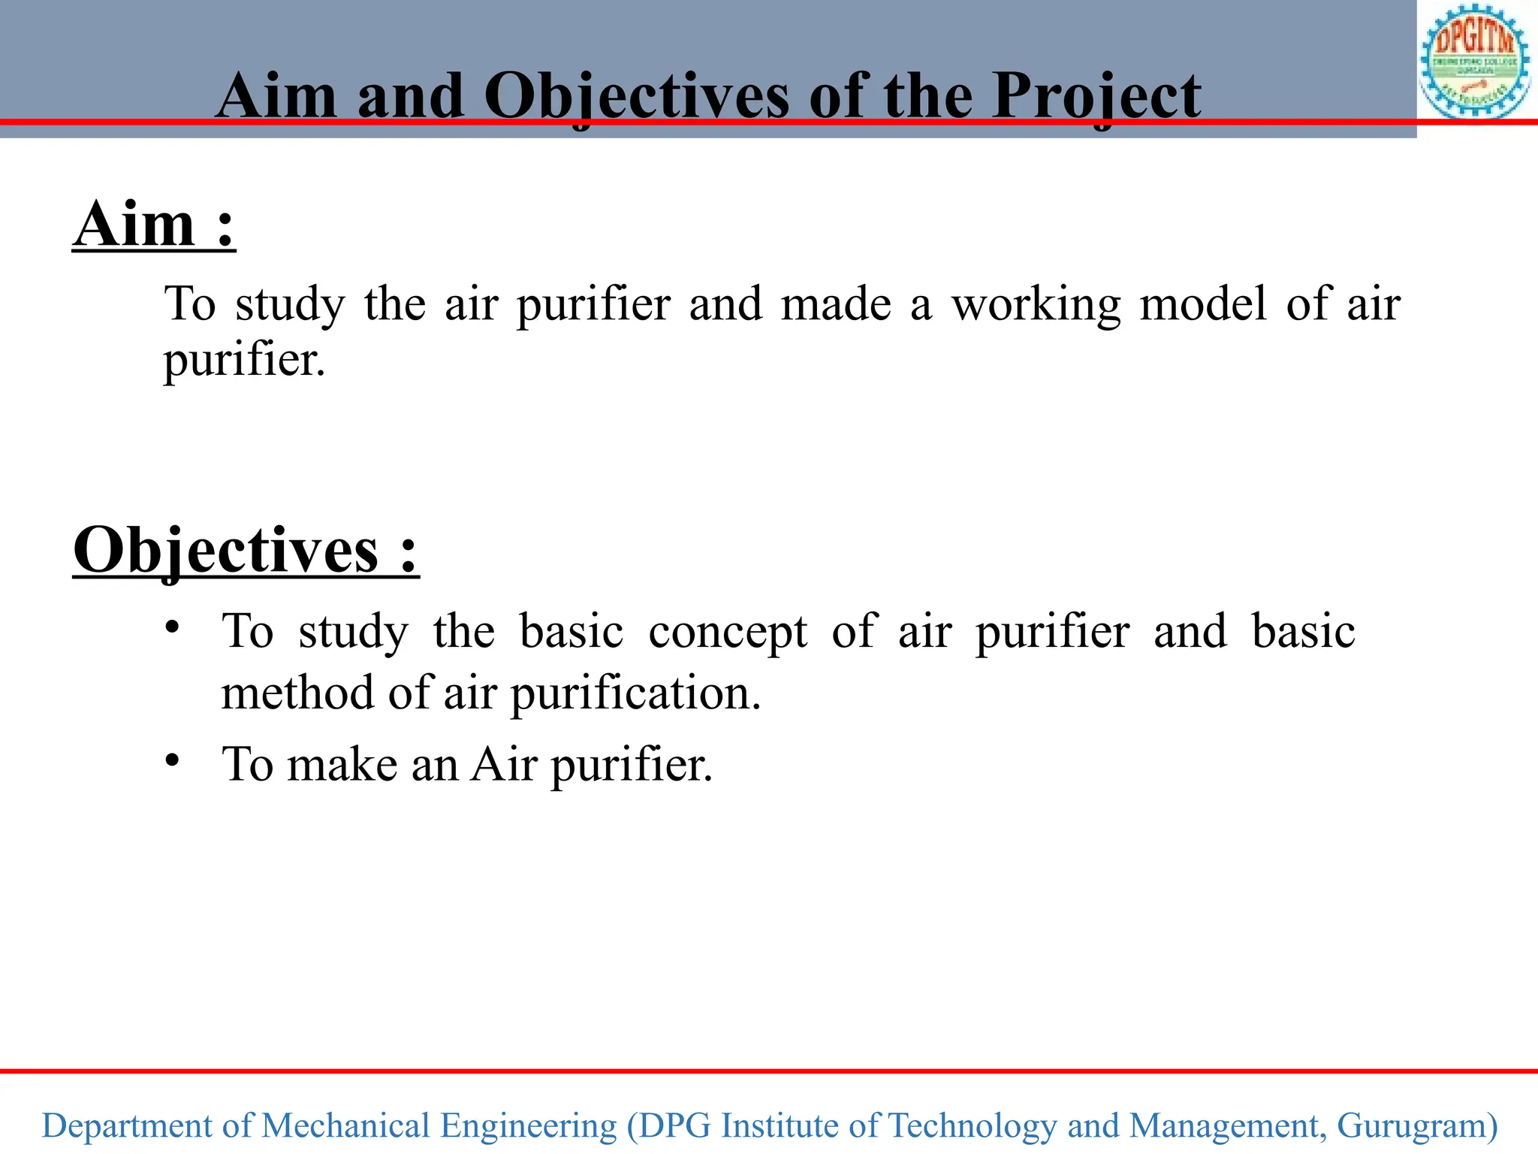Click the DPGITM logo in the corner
pyautogui.click(x=1475, y=62)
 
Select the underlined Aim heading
pyautogui.click(x=154, y=225)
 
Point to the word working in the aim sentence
pyautogui.click(x=1036, y=305)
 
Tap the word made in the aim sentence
pyautogui.click(x=836, y=305)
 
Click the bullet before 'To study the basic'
pyautogui.click(x=173, y=627)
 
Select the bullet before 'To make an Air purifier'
pyautogui.click(x=173, y=761)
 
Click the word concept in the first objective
pyautogui.click(x=728, y=632)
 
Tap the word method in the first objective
pyautogui.click(x=297, y=693)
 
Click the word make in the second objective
pyautogui.click(x=342, y=765)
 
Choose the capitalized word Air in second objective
pyautogui.click(x=504, y=765)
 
